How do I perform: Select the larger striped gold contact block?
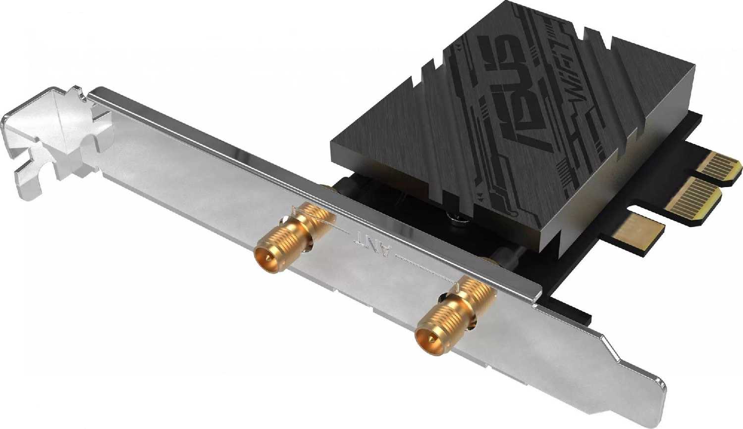click(x=693, y=198)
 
